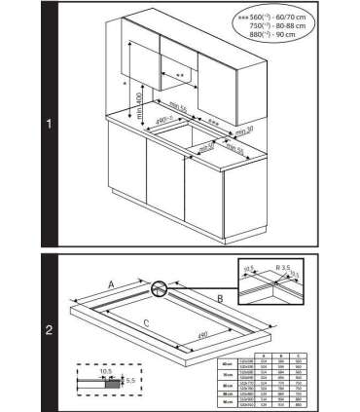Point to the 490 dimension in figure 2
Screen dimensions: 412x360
(x=202, y=336)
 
